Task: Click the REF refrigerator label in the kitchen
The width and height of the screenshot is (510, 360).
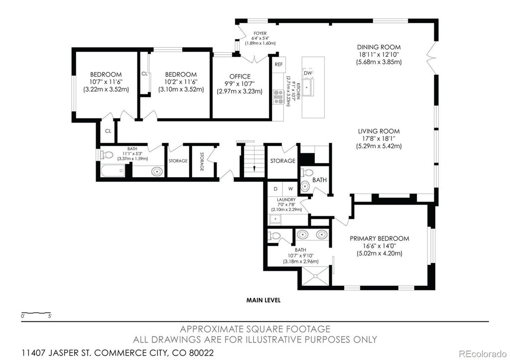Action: pyautogui.click(x=279, y=64)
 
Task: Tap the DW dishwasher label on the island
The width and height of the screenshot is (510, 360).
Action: pyautogui.click(x=308, y=73)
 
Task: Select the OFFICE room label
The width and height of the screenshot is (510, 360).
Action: pyautogui.click(x=240, y=76)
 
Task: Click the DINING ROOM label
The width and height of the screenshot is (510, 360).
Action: pyautogui.click(x=379, y=47)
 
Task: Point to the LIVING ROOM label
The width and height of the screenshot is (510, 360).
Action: pyautogui.click(x=379, y=131)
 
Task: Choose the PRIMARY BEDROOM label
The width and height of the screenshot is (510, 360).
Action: pyautogui.click(x=379, y=239)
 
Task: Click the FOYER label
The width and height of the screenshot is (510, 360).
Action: pyautogui.click(x=260, y=33)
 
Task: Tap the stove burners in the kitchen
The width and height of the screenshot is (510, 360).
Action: pyautogui.click(x=278, y=97)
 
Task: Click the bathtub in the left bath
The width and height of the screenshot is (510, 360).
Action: pyautogui.click(x=113, y=171)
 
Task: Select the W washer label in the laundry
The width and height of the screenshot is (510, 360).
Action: pyautogui.click(x=290, y=189)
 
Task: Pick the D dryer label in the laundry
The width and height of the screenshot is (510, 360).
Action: pyautogui.click(x=275, y=189)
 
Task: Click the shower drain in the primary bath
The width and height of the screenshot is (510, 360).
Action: pyautogui.click(x=315, y=276)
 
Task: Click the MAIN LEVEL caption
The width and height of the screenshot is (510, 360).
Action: pyautogui.click(x=263, y=300)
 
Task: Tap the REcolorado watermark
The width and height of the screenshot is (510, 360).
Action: pyautogui.click(x=482, y=353)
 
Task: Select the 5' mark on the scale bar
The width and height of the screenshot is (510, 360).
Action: pyautogui.click(x=50, y=316)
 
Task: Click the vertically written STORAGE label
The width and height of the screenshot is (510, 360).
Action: pyautogui.click(x=202, y=162)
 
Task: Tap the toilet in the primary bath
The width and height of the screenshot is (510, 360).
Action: pyautogui.click(x=274, y=236)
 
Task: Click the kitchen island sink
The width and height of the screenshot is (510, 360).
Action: pyautogui.click(x=307, y=87)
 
